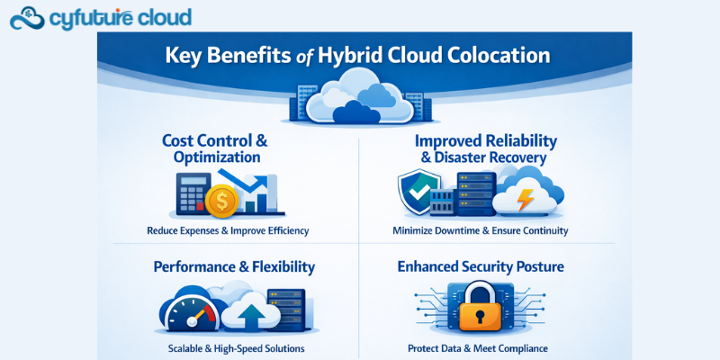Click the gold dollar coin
coord(222,201)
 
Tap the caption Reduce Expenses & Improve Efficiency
coord(228,230)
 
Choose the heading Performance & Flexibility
coord(234,266)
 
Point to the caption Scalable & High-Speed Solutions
coord(236,347)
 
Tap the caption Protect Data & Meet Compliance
coord(484,347)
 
